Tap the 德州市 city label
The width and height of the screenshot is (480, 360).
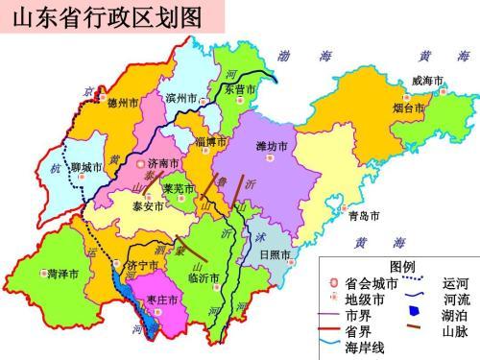click(x=123, y=102)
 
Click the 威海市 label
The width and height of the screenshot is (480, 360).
click(x=427, y=81)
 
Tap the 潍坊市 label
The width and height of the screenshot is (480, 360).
click(x=272, y=147)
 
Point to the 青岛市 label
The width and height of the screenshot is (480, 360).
click(x=364, y=216)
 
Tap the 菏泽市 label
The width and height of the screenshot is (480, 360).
click(x=63, y=274)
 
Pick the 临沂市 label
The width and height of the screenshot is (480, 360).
click(x=204, y=277)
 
